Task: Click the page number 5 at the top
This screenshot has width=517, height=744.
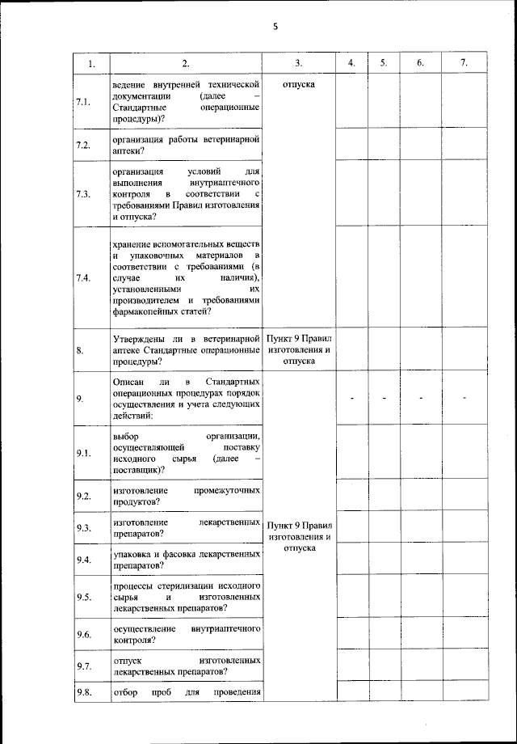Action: pyautogui.click(x=275, y=27)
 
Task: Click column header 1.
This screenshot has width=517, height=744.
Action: pyautogui.click(x=91, y=63)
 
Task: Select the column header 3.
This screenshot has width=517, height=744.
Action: pyautogui.click(x=299, y=63)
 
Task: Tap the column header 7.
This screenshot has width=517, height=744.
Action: pyautogui.click(x=463, y=63)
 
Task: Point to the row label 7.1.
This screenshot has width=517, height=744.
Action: pyautogui.click(x=82, y=101)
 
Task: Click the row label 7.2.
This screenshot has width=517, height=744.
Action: pyautogui.click(x=82, y=145)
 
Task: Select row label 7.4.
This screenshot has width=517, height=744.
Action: pyautogui.click(x=82, y=278)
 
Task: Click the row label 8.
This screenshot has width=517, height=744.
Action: pyautogui.click(x=80, y=351)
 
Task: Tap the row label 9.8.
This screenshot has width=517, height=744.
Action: pyautogui.click(x=82, y=691)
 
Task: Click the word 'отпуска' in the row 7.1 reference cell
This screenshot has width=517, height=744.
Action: pyautogui.click(x=299, y=84)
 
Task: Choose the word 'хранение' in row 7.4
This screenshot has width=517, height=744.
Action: pyautogui.click(x=135, y=243)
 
